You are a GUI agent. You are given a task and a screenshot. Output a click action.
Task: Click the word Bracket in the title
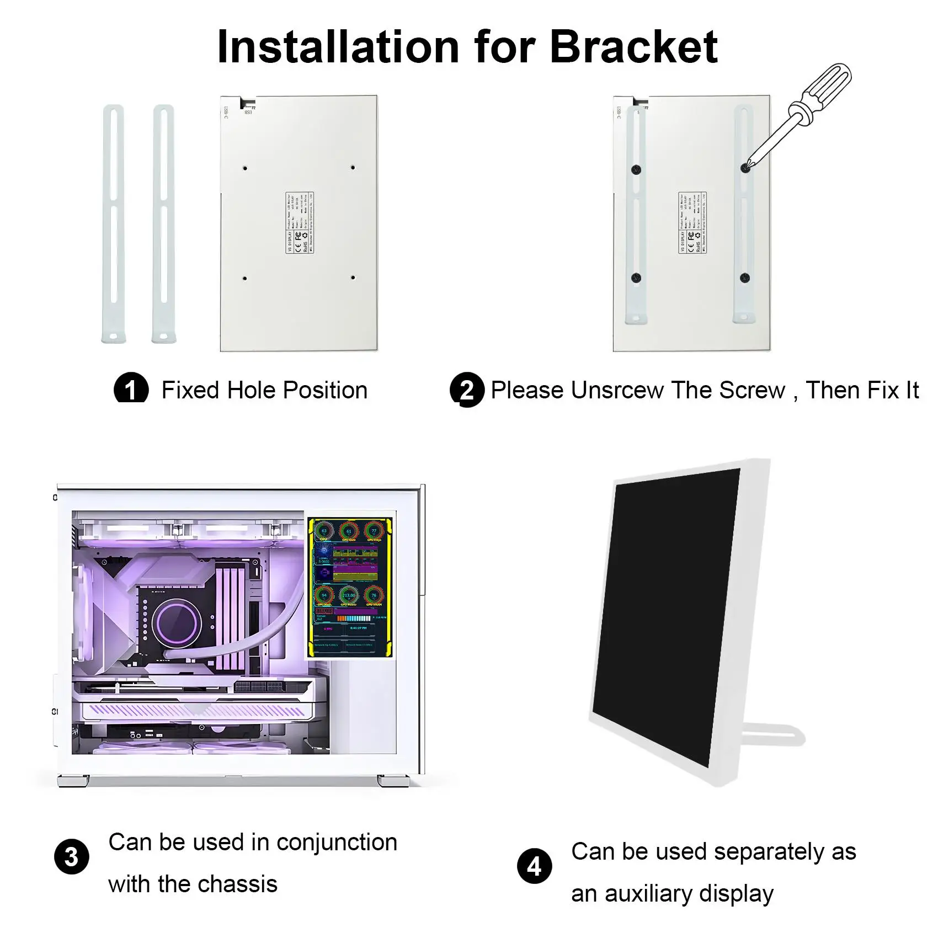[633, 47]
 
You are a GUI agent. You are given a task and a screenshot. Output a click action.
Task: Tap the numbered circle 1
[131, 389]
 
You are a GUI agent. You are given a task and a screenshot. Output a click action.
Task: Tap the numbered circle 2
[467, 390]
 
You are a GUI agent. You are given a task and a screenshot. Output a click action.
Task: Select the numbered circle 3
[72, 857]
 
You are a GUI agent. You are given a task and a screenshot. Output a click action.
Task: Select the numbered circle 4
[534, 866]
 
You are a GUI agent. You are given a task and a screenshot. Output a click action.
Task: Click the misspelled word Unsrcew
[617, 391]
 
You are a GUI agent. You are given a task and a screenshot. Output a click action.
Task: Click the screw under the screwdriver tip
[745, 168]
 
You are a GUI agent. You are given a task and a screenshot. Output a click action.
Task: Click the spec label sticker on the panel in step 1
[300, 223]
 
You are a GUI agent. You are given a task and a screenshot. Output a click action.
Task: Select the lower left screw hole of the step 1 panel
[244, 278]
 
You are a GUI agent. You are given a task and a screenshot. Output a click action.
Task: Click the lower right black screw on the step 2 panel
[744, 278]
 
